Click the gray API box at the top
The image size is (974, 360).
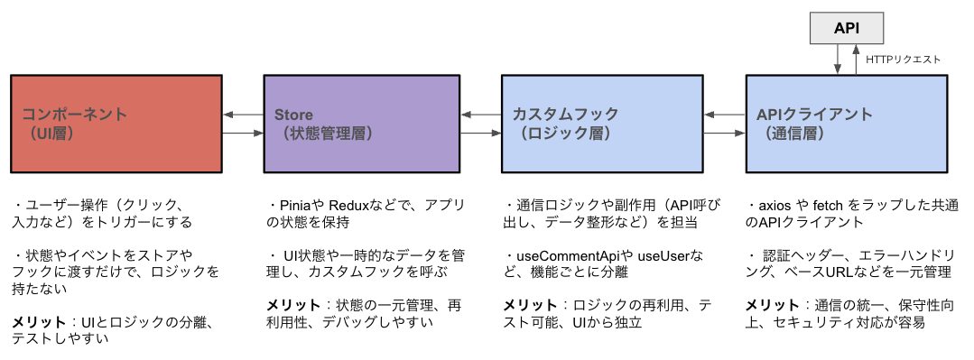pos(846,28)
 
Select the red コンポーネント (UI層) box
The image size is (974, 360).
pos(116,124)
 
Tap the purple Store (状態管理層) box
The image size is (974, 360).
pos(361,124)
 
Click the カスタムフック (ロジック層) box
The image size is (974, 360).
pos(601,124)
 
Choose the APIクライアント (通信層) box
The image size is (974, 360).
pos(846,124)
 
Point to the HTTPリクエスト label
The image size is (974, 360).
pos(903,60)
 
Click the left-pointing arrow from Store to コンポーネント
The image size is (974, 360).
pos(243,114)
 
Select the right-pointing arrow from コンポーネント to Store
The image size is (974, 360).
pos(243,134)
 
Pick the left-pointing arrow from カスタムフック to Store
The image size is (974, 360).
pos(480,114)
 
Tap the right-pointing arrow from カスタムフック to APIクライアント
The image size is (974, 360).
pos(724,134)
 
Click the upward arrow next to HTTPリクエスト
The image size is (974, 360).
pos(856,60)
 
